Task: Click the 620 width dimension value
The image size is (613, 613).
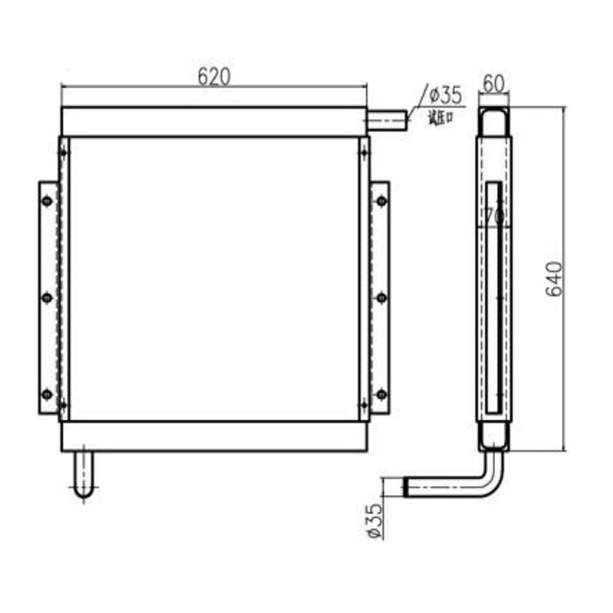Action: tap(214, 75)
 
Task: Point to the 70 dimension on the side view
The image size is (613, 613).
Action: tap(494, 217)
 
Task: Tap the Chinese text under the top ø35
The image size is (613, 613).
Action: tap(441, 117)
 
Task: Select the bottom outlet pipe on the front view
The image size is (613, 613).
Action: tap(84, 475)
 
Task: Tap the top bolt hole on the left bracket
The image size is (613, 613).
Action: tap(48, 201)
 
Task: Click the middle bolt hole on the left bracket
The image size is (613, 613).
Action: tap(48, 297)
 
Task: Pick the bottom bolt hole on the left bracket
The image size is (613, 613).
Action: tap(48, 394)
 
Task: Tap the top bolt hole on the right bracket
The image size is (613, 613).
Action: tap(381, 201)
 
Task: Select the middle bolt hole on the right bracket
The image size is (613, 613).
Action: tap(381, 297)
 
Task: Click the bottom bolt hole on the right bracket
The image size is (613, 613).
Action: tap(381, 394)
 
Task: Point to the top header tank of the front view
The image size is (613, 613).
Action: tap(214, 122)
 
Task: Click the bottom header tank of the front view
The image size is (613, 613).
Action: tap(214, 436)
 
